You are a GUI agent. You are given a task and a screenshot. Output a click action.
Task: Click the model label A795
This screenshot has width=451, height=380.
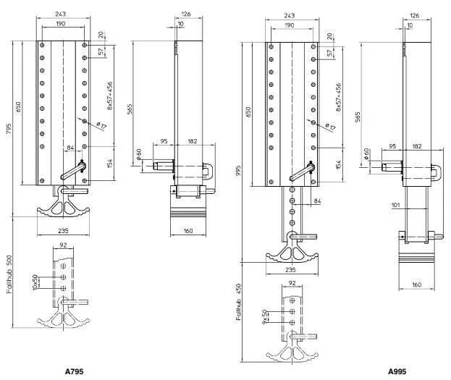(75, 371)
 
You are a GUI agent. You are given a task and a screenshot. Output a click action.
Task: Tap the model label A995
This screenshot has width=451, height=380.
(397, 371)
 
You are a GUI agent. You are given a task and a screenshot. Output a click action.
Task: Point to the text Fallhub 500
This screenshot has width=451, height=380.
(9, 274)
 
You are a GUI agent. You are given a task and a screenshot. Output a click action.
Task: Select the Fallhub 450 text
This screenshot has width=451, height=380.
(238, 302)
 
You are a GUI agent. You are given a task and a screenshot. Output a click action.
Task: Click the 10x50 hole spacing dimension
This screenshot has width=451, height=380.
(35, 282)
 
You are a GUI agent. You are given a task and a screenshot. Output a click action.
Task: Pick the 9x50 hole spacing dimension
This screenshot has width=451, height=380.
(265, 316)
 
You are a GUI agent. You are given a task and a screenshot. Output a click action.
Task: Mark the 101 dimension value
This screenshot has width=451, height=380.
(396, 205)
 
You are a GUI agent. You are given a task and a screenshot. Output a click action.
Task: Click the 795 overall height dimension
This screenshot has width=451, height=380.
(9, 129)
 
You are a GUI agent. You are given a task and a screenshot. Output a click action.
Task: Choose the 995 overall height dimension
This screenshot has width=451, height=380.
(238, 171)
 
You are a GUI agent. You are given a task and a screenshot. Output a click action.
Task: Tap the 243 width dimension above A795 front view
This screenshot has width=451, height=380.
(60, 14)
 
